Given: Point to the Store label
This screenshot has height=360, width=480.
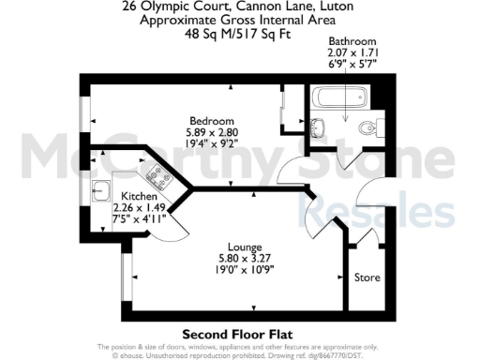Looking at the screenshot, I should click(x=367, y=277).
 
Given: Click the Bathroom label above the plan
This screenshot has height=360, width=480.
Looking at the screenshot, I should click(x=352, y=42).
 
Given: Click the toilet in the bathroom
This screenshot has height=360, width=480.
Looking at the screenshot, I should click(x=368, y=128).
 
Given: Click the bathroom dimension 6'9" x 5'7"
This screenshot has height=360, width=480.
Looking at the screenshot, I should click(x=352, y=67).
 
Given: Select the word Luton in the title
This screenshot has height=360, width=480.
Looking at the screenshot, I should click(x=337, y=5).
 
